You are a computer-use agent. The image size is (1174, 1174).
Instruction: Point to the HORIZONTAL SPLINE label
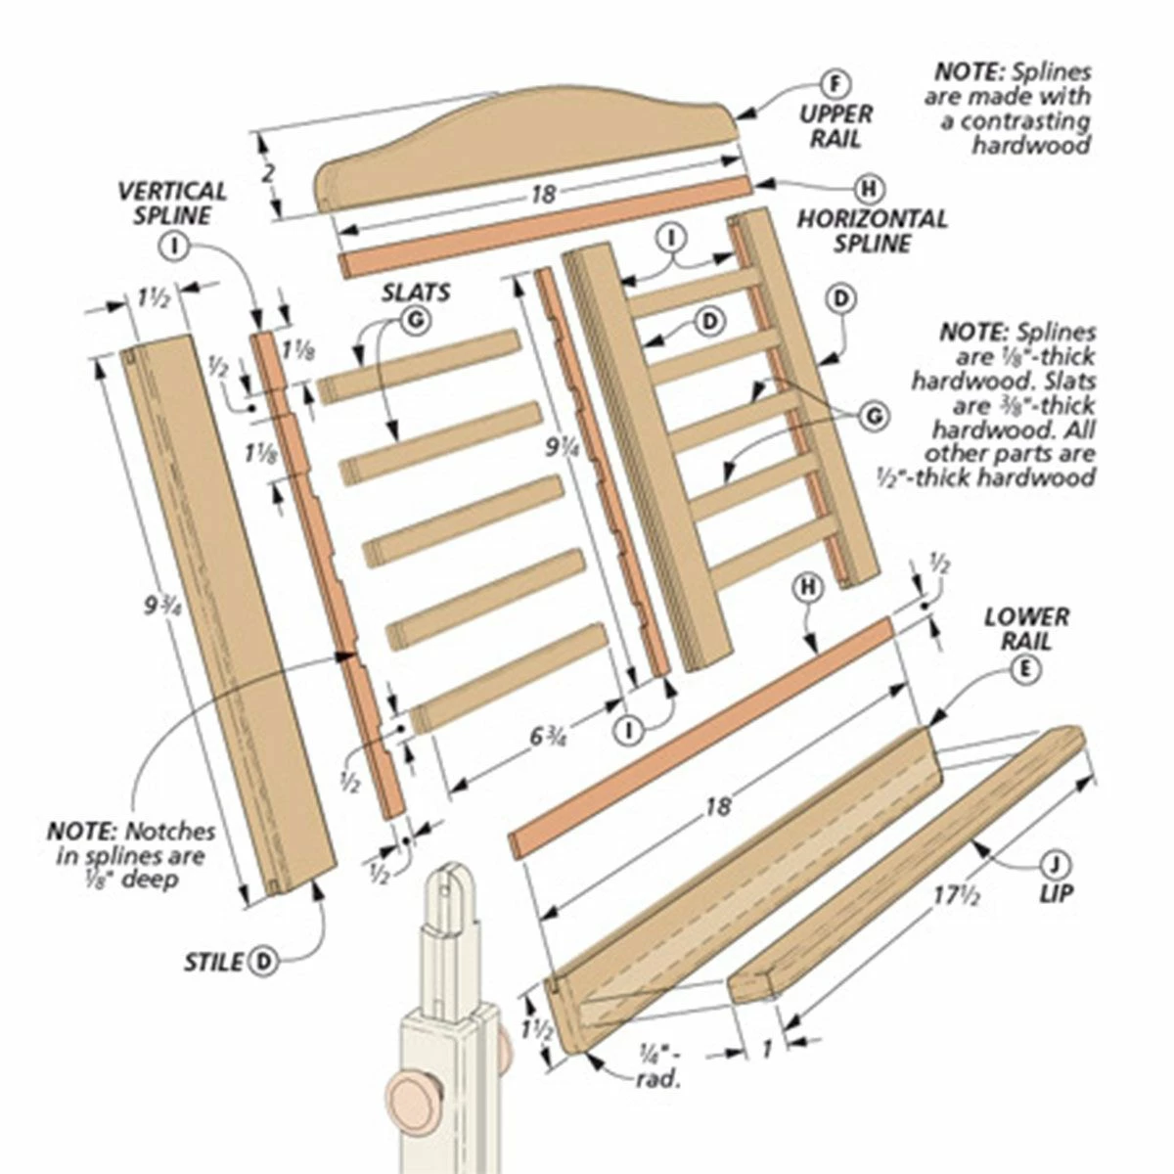tap(872, 230)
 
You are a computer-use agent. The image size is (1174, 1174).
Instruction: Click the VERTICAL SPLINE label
tap(173, 203)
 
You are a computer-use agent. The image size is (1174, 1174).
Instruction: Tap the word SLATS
tap(416, 292)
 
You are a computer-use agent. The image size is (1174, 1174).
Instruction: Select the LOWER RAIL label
tap(1026, 629)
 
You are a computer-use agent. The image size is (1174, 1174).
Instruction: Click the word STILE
tap(213, 962)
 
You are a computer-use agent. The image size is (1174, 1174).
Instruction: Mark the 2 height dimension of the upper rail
tap(270, 173)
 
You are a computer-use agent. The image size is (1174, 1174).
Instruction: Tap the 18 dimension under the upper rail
tap(543, 194)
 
